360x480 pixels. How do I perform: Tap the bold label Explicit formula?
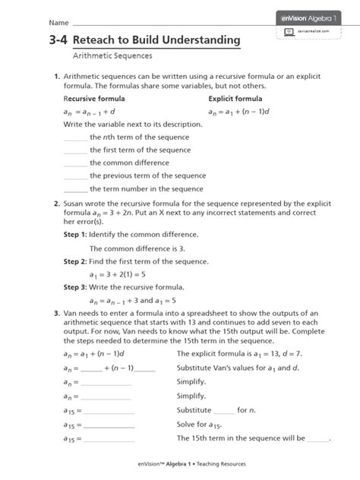pos(236,99)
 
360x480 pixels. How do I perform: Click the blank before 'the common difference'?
pos(75,163)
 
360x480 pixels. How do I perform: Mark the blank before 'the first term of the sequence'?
pos(75,150)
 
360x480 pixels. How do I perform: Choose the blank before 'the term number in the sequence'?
pos(75,189)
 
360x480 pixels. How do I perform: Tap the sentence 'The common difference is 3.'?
pos(133,248)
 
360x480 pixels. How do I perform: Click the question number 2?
pos(56,204)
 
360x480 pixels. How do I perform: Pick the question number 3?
pos(56,313)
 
